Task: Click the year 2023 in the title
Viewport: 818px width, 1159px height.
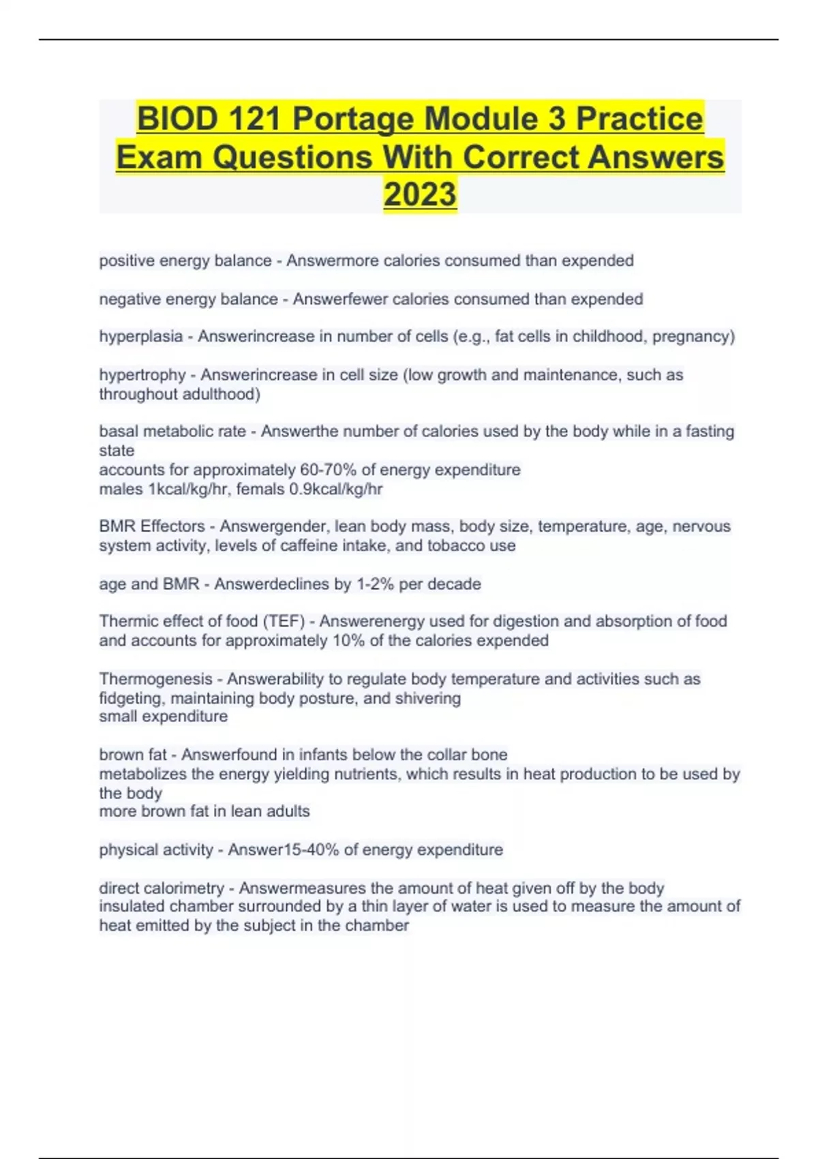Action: tap(420, 194)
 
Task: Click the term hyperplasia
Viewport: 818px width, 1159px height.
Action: tap(140, 337)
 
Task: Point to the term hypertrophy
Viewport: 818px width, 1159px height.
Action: tap(142, 375)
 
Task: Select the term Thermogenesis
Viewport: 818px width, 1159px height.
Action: tap(155, 679)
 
